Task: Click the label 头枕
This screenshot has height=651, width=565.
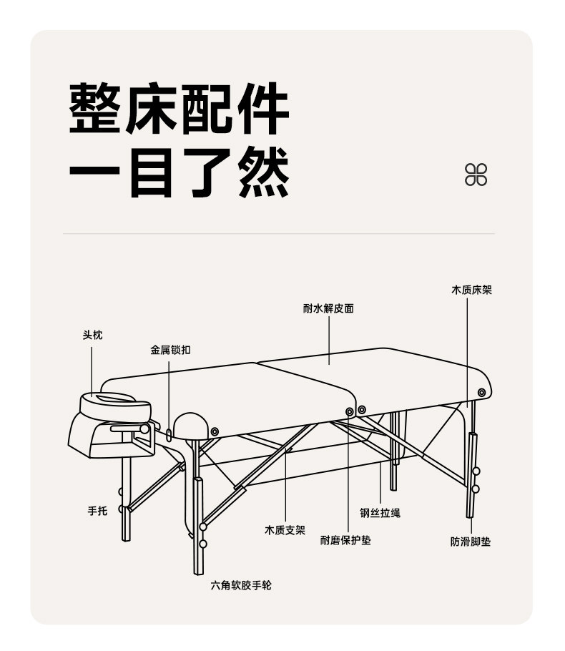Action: coord(93,335)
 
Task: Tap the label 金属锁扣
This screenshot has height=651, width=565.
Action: coord(170,351)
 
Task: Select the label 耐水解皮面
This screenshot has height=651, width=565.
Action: coord(328,308)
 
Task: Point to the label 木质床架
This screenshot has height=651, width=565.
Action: coord(471,290)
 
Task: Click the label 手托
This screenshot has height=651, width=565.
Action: coord(97,511)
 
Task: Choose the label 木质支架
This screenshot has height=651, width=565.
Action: coord(285,530)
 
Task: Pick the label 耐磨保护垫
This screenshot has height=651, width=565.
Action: coord(345,540)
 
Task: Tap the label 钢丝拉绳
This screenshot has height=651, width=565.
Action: coord(380,513)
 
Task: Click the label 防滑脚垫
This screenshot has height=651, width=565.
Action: coord(471,542)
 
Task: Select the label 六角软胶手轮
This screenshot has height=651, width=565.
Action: coord(241,585)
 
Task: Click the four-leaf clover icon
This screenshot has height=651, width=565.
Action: coord(476,175)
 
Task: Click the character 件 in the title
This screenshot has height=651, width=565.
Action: coord(262,109)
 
